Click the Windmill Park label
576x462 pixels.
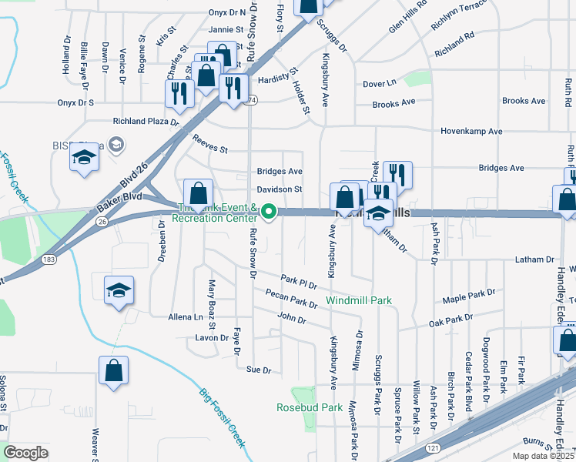pyautogui.click(x=358, y=300)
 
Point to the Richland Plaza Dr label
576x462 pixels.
pyautogui.click(x=146, y=122)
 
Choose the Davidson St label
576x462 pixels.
pyautogui.click(x=279, y=189)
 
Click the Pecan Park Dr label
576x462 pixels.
pyautogui.click(x=291, y=298)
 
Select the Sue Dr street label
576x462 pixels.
pyautogui.click(x=259, y=370)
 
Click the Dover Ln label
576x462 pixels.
pyautogui.click(x=379, y=83)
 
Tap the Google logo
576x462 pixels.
pyautogui.click(x=25, y=452)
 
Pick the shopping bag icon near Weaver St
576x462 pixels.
pyautogui.click(x=113, y=370)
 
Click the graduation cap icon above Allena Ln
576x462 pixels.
pyautogui.click(x=119, y=290)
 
